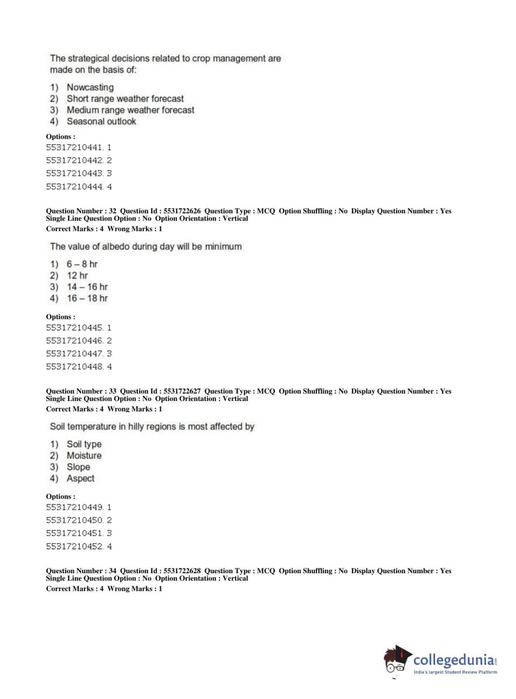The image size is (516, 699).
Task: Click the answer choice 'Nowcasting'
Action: (x=90, y=88)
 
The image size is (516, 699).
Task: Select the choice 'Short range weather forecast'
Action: (x=125, y=99)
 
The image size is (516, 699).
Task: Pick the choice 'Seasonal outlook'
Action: (x=101, y=122)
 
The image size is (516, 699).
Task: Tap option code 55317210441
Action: (x=75, y=147)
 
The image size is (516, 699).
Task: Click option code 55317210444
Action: (x=75, y=187)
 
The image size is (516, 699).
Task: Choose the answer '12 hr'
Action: (x=77, y=276)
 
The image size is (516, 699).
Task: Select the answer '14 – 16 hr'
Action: (x=87, y=287)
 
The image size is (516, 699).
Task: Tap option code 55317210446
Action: (x=75, y=341)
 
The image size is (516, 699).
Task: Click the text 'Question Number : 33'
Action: (x=81, y=391)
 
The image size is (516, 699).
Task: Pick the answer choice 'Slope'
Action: (x=78, y=467)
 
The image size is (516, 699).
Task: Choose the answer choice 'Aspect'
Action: (x=80, y=478)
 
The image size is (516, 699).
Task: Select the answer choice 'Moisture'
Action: (x=84, y=456)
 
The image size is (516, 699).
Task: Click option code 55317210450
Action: (x=75, y=520)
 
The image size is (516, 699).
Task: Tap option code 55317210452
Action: (x=75, y=546)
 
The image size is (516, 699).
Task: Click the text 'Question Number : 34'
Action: (x=81, y=571)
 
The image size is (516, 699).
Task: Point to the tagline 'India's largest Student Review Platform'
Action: (x=455, y=672)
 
